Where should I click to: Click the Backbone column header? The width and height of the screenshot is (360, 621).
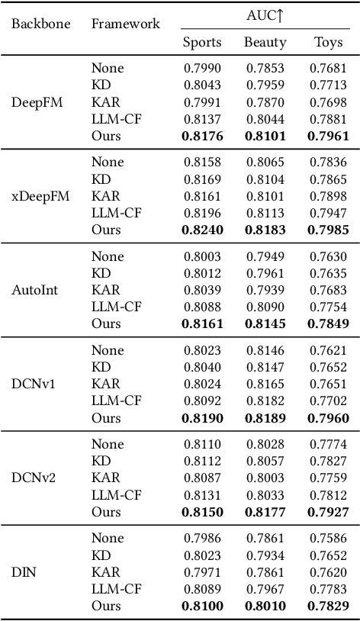pos(41,24)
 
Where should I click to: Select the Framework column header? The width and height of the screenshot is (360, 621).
pos(126,24)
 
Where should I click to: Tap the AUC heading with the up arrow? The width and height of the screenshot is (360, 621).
pos(266,14)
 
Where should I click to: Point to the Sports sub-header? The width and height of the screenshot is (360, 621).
pos(202,43)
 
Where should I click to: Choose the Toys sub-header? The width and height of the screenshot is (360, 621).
pos(329,43)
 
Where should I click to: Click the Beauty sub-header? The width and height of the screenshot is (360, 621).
pos(265,43)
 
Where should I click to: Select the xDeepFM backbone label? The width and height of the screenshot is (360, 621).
pos(40,196)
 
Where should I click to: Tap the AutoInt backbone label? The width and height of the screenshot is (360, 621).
pos(34,290)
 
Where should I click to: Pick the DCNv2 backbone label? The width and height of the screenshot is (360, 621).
pos(34,478)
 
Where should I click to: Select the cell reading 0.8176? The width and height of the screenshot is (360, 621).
pos(202,137)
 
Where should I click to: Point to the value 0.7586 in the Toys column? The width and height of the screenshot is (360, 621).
pos(329,538)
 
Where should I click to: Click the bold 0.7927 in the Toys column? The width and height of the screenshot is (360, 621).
pos(329,512)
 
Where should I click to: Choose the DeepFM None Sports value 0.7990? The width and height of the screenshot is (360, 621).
pos(202,68)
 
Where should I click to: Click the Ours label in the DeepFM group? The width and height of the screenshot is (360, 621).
pos(106,137)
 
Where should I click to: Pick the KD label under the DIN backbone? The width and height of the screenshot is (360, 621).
pos(101,555)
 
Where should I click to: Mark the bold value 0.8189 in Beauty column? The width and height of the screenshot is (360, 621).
pos(265,418)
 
